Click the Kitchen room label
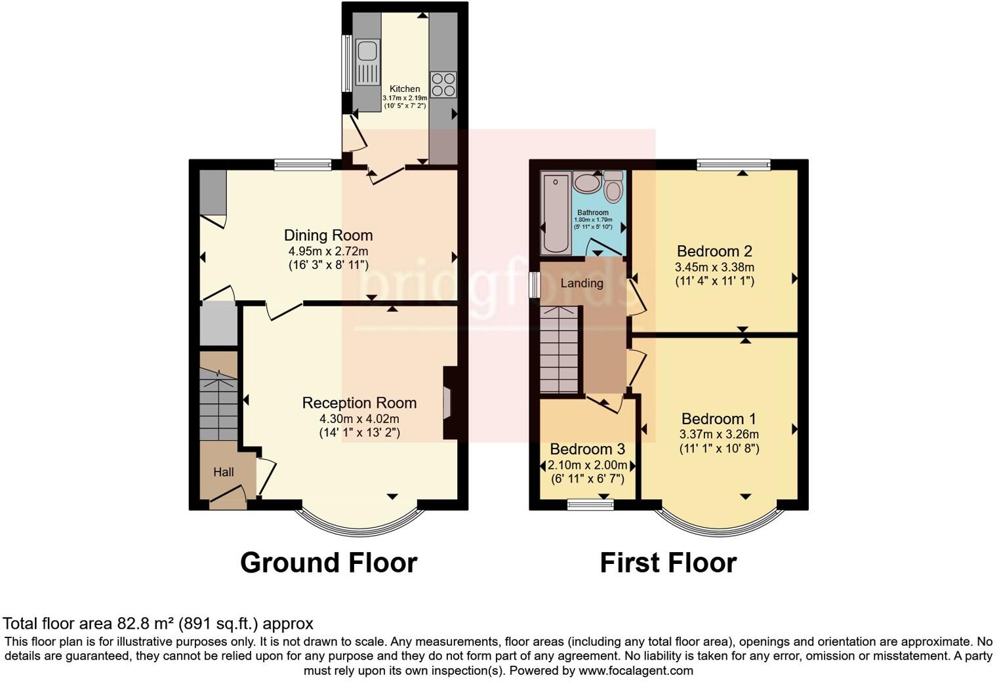(405, 89)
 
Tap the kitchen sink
(367, 62)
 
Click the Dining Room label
(328, 235)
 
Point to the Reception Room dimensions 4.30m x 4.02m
(359, 418)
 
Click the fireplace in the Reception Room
(447, 403)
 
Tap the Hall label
(224, 472)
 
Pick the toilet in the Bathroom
(613, 188)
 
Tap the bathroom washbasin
(586, 183)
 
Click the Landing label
(582, 283)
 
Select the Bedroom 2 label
(714, 251)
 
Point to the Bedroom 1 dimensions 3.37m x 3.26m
(719, 434)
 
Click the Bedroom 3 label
(587, 449)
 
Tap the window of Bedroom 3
(590, 504)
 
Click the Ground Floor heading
(329, 563)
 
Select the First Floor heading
(668, 563)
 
